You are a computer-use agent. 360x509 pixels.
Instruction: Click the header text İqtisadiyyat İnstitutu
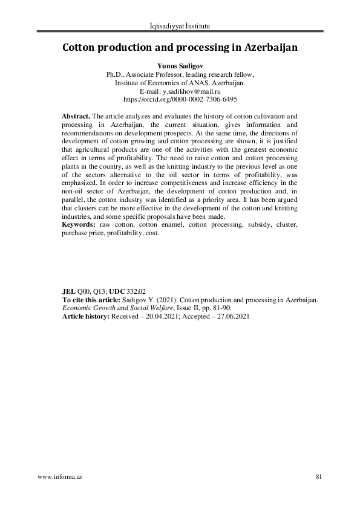tap(180, 26)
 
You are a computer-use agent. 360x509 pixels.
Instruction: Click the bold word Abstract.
tap(76, 115)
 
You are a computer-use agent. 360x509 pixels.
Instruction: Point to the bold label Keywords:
tap(79, 224)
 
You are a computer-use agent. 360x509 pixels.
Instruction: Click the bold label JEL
tap(69, 291)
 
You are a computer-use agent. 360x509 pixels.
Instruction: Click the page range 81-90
tap(219, 307)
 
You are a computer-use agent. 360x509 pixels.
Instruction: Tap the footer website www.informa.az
tap(59, 477)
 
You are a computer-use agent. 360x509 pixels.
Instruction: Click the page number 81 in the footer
tap(319, 477)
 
